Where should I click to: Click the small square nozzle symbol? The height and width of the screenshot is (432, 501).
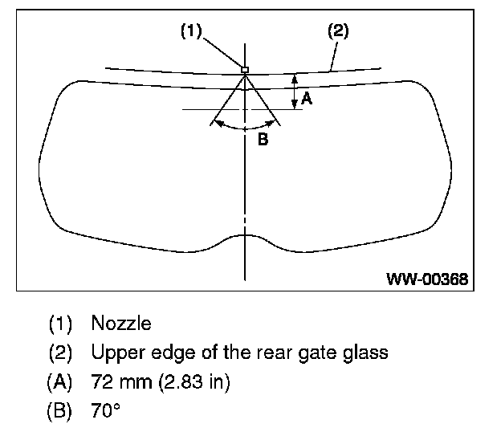pyautogui.click(x=246, y=70)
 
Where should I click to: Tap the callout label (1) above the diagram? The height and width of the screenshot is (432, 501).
pyautogui.click(x=190, y=31)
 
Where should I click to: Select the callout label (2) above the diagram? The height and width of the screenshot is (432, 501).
pyautogui.click(x=338, y=31)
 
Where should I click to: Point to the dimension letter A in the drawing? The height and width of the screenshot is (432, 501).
pyautogui.click(x=306, y=100)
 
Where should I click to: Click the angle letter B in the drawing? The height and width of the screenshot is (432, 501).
pyautogui.click(x=262, y=139)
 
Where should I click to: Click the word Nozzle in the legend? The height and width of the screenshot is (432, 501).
pyautogui.click(x=121, y=324)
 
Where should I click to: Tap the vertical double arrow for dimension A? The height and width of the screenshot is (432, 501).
pyautogui.click(x=295, y=91)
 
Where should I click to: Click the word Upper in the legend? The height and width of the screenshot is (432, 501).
pyautogui.click(x=113, y=353)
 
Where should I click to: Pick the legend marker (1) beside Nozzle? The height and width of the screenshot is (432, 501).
pyautogui.click(x=60, y=324)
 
